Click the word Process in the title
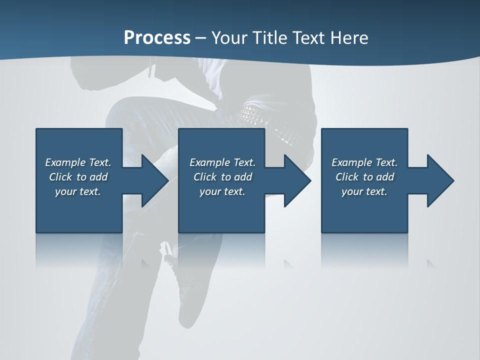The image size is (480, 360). click(x=157, y=38)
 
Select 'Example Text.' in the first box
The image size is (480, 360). click(x=78, y=162)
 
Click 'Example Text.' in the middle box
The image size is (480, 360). click(x=222, y=162)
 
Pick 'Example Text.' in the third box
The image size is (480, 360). click(x=364, y=162)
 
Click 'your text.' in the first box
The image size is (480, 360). click(x=78, y=191)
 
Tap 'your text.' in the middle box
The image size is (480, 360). click(x=222, y=191)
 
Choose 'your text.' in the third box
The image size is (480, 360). click(x=364, y=191)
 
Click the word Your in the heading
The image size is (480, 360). click(x=229, y=38)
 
